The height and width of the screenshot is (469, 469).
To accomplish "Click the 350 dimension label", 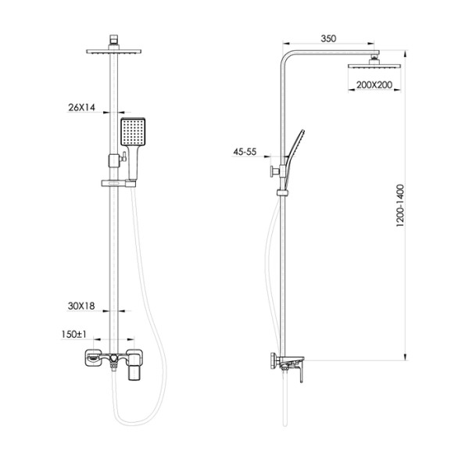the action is pyautogui.click(x=328, y=38).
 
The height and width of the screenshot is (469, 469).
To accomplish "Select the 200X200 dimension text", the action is pyautogui.click(x=374, y=85).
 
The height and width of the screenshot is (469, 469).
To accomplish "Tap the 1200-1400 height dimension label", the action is pyautogui.click(x=400, y=206).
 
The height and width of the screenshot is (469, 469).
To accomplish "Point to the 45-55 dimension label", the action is pyautogui.click(x=245, y=152).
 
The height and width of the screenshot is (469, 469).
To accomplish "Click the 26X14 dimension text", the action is pyautogui.click(x=81, y=107).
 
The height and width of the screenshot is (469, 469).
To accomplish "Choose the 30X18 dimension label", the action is pyautogui.click(x=81, y=306).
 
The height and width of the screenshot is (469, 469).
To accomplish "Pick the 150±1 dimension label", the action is pyautogui.click(x=73, y=335).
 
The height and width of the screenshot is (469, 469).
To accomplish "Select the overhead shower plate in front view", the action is pyautogui.click(x=113, y=52).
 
